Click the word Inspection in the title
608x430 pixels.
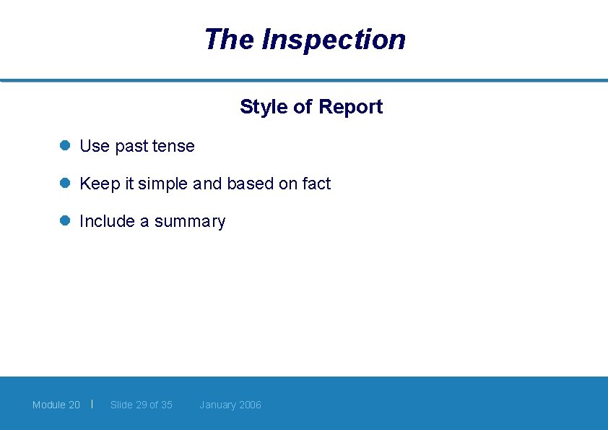(x=334, y=40)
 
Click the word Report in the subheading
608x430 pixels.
(x=350, y=107)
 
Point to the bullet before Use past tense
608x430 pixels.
(x=64, y=145)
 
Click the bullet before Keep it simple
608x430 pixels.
(x=64, y=184)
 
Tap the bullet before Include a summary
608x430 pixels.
(x=64, y=221)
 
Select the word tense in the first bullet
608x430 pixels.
(x=173, y=146)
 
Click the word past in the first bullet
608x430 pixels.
(x=131, y=147)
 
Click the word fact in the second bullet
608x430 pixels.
(x=316, y=184)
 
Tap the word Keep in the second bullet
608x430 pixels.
(x=100, y=184)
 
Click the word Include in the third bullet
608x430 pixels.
(x=107, y=221)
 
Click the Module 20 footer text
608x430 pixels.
(x=56, y=405)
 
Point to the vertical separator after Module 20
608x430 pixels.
(x=92, y=404)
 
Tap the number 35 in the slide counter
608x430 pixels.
(x=166, y=405)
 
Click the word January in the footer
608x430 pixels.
(x=217, y=405)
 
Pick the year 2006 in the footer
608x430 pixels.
(x=250, y=405)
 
